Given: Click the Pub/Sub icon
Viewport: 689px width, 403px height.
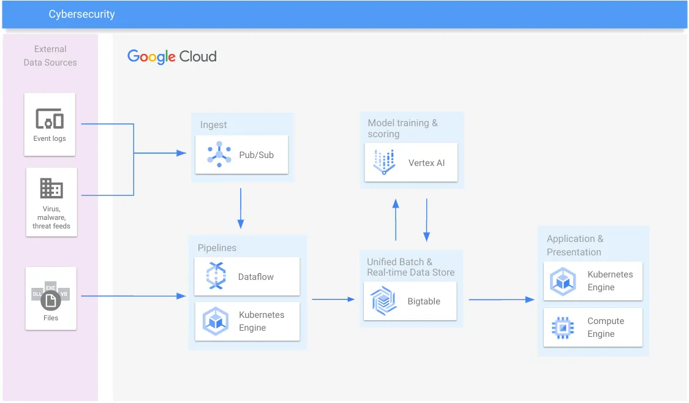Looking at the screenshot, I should click(x=219, y=154).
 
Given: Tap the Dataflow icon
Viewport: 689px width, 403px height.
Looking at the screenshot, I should click(x=216, y=276).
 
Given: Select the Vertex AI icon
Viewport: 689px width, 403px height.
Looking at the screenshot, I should click(x=385, y=162).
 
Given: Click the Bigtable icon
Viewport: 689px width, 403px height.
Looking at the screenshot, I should click(x=384, y=301).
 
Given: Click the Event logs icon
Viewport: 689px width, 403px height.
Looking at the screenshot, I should click(x=50, y=118).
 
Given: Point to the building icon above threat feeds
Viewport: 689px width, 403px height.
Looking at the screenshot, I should click(x=51, y=189).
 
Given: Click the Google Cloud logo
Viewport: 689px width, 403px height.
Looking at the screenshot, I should click(x=172, y=57).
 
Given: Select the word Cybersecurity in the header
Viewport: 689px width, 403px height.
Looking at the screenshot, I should click(x=82, y=14).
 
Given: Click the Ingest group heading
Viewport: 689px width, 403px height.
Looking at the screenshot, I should click(x=214, y=125).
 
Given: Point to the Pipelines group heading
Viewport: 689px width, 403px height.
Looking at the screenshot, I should click(x=217, y=248).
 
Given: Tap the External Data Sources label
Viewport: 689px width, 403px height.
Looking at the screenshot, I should click(x=50, y=56).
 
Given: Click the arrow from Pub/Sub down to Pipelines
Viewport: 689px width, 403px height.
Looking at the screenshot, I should click(x=241, y=208).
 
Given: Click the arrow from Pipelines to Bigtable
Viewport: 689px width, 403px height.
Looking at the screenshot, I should click(x=333, y=299).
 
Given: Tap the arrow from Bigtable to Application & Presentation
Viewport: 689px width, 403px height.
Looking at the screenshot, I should click(x=502, y=299).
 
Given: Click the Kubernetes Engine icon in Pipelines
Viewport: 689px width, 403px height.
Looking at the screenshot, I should click(x=216, y=322).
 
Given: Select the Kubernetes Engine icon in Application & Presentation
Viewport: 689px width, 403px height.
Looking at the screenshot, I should click(x=562, y=281).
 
